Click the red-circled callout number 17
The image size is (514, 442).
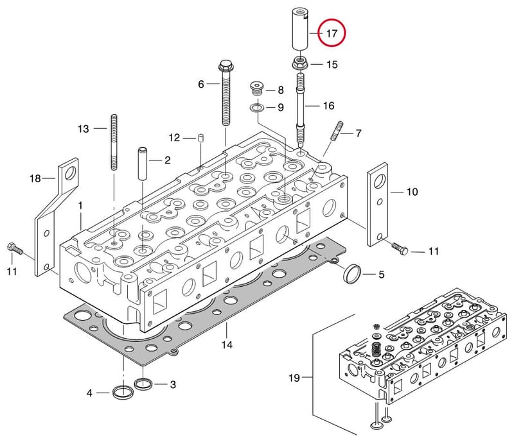click(332, 33)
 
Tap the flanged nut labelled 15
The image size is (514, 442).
click(300, 63)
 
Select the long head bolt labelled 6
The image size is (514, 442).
click(226, 92)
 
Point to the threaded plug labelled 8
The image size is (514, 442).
click(256, 89)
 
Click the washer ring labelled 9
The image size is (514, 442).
click(256, 107)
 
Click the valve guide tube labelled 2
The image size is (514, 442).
click(143, 164)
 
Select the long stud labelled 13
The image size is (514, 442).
click(114, 142)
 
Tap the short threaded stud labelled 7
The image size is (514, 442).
click(337, 131)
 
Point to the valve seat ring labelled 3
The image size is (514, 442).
click(144, 384)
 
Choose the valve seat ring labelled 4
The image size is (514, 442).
click(123, 391)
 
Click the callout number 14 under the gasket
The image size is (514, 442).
click(227, 344)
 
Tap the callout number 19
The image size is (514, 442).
click(294, 378)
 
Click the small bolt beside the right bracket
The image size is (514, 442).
click(399, 248)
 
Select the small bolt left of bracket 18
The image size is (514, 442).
click(14, 248)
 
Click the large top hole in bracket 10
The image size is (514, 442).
click(380, 181)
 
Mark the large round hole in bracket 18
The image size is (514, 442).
click(71, 173)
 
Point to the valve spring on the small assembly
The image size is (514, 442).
click(376, 350)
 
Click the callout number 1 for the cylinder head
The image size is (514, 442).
click(80, 206)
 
